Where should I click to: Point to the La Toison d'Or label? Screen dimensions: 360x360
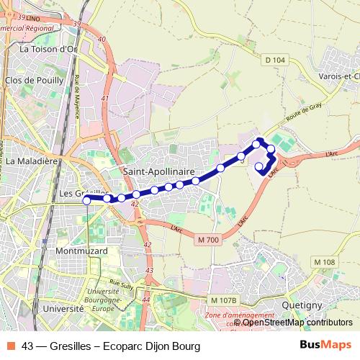click(x=48, y=49)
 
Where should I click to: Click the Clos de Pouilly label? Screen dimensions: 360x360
click(x=33, y=81)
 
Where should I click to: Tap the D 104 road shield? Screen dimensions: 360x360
click(x=275, y=60)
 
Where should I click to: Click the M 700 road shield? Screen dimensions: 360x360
click(x=207, y=239)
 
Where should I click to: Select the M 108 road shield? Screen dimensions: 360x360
click(x=325, y=261)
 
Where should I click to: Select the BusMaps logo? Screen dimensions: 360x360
click(x=325, y=346)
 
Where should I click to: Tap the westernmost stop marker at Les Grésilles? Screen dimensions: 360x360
click(x=86, y=201)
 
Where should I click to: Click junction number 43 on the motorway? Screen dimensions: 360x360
click(x=150, y=271)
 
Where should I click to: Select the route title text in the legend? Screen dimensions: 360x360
click(x=111, y=346)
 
